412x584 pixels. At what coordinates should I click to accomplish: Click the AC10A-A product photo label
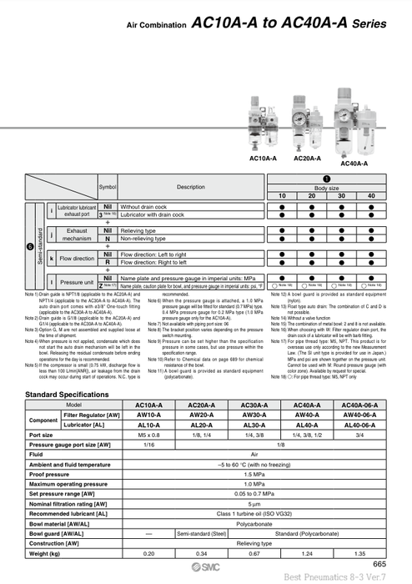point(263,158)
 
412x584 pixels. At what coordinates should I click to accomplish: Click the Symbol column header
point(108,187)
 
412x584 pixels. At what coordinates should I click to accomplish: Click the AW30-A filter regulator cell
point(254,415)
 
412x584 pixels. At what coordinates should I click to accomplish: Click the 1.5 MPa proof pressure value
point(254,474)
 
